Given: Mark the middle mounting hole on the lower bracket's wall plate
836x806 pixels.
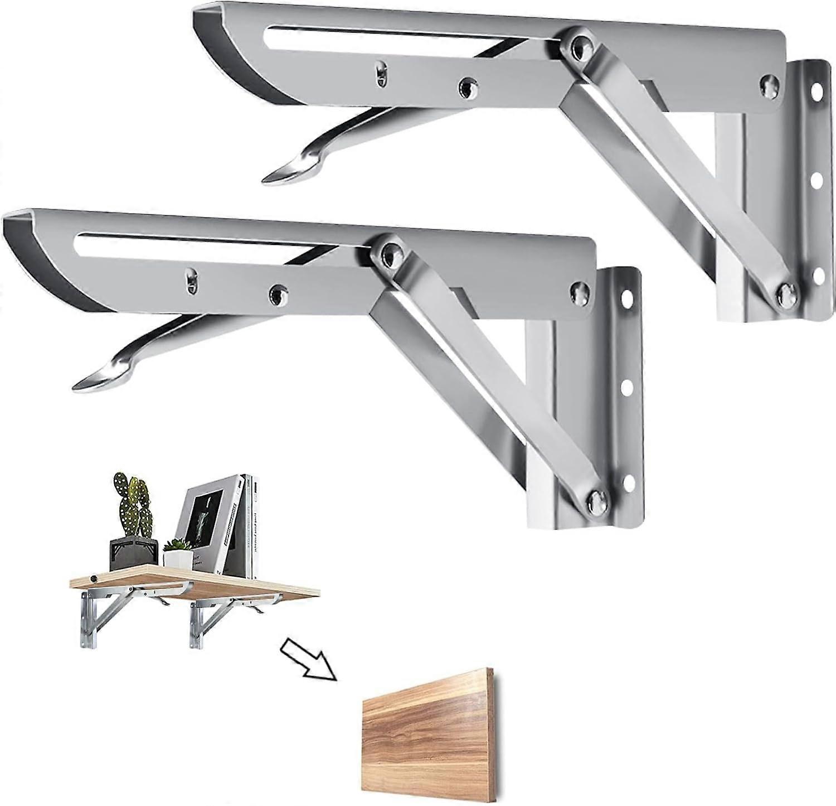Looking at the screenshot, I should click(x=626, y=385).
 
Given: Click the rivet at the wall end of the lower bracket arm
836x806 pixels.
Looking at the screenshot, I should click(x=580, y=289).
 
